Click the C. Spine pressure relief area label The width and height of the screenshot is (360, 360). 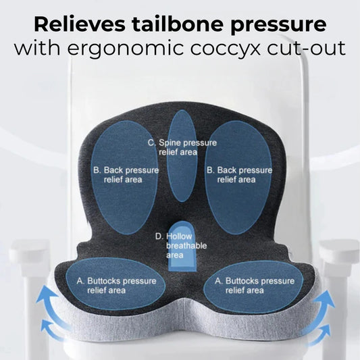(x=182, y=147)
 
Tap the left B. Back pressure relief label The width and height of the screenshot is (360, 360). (x=125, y=175)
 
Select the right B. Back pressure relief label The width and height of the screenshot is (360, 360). (x=238, y=175)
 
